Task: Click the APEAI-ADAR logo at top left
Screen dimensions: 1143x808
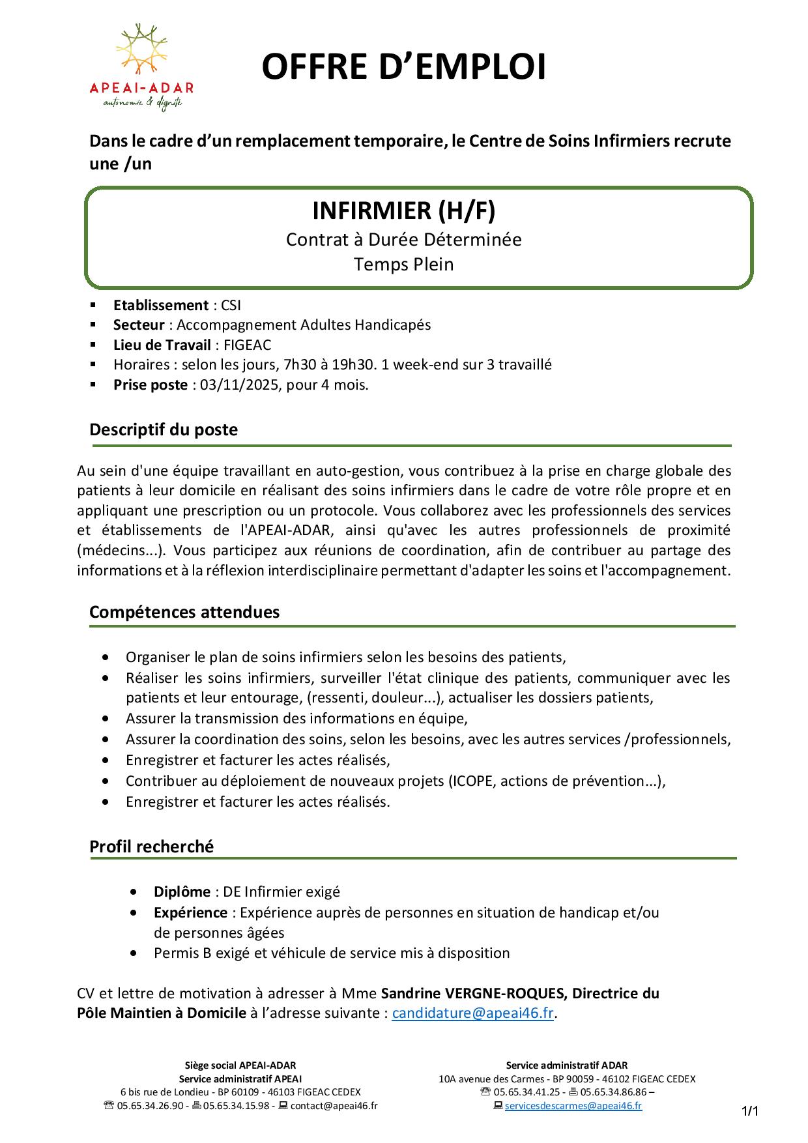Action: [x=141, y=67]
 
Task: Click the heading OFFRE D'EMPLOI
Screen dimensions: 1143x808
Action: [x=403, y=68]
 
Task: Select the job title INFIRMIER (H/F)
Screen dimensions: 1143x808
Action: [x=403, y=210]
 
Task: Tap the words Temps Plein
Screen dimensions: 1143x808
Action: [x=403, y=265]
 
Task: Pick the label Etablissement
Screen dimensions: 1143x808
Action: [x=160, y=305]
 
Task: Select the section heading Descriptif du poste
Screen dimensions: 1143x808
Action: [x=164, y=429]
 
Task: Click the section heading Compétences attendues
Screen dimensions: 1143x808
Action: [x=184, y=612]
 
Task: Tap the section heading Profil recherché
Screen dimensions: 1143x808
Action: [x=151, y=846]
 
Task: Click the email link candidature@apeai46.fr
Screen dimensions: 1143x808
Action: [x=472, y=1013]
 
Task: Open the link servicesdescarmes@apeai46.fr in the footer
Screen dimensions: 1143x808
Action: [x=573, y=1105]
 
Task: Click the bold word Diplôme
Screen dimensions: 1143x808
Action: [x=182, y=891]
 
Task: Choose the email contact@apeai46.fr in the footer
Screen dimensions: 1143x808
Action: [x=334, y=1105]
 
